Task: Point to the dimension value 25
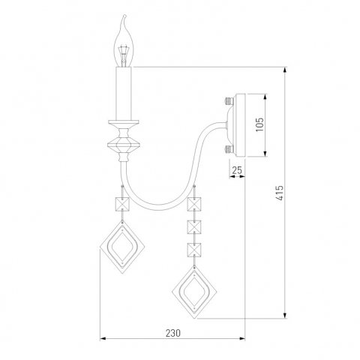click(x=237, y=170)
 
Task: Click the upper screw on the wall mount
click(x=228, y=99)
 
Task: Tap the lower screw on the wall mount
click(x=228, y=148)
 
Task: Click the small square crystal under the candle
click(x=121, y=205)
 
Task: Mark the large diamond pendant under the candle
click(x=121, y=247)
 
